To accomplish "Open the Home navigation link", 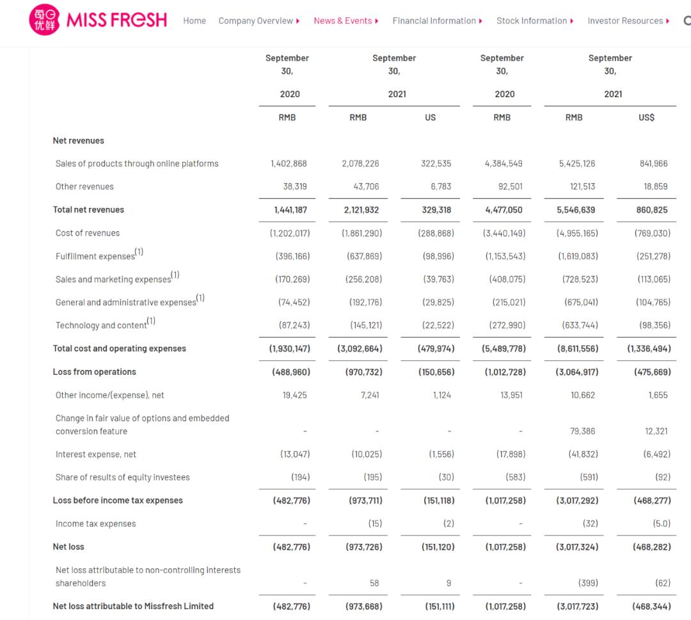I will pos(195,21).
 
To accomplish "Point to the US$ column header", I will pos(646,118).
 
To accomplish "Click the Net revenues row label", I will pos(78,141).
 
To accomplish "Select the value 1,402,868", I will pos(289,164).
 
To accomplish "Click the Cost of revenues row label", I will pos(88,233).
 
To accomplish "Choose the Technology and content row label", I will pos(101,325).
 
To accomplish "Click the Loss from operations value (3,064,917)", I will pos(577,372).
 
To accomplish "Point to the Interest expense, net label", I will pos(96,454).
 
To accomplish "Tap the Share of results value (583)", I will pos(512,477).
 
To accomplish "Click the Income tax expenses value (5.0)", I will pos(662,523).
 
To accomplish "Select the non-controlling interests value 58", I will pos(374,583).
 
